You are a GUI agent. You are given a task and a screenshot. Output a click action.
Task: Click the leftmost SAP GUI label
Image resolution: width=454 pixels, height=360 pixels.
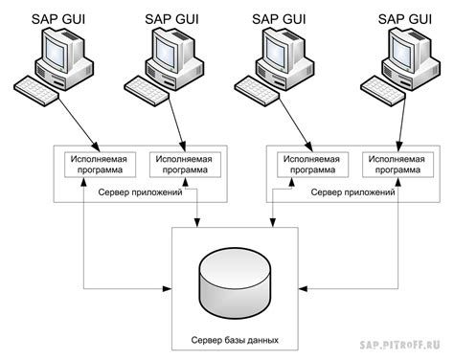click(59, 16)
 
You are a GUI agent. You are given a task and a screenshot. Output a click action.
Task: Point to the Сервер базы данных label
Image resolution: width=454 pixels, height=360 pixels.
click(235, 339)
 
